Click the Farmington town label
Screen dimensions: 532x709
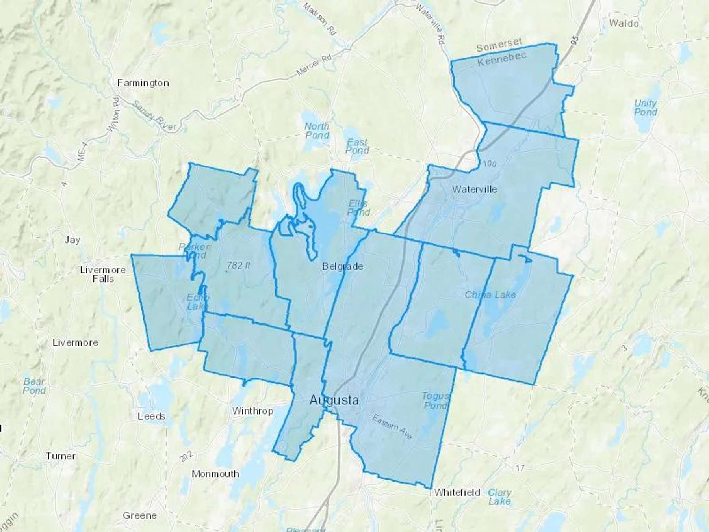pyautogui.click(x=143, y=83)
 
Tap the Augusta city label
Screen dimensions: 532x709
pyautogui.click(x=334, y=400)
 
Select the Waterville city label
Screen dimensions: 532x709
pyautogui.click(x=474, y=189)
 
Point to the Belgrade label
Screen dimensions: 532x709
pyautogui.click(x=342, y=266)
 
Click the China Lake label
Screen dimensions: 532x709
pyautogui.click(x=490, y=295)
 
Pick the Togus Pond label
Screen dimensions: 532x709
pyautogui.click(x=435, y=400)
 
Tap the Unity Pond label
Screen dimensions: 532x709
pyautogui.click(x=646, y=108)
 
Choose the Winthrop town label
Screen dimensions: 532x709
pyautogui.click(x=252, y=411)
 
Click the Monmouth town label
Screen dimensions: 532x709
pyautogui.click(x=215, y=474)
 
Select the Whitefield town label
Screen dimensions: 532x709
pyautogui.click(x=457, y=492)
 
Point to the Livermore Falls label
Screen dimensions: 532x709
pyautogui.click(x=103, y=274)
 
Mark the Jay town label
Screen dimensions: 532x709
pyautogui.click(x=72, y=240)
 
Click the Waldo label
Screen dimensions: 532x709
pyautogui.click(x=624, y=23)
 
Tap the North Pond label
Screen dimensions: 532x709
pyautogui.click(x=317, y=130)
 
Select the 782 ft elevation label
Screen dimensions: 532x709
pyautogui.click(x=239, y=266)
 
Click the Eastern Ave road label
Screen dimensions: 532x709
pyautogui.click(x=392, y=427)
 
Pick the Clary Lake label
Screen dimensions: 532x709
pyautogui.click(x=499, y=497)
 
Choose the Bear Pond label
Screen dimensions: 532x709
pyautogui.click(x=34, y=386)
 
